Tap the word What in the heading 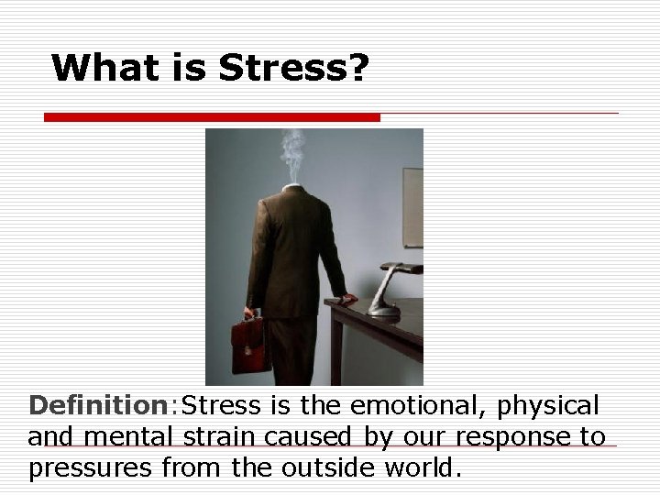tap(104, 68)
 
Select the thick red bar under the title tap(213, 117)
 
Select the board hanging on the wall tap(412, 206)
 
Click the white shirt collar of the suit tap(291, 187)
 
